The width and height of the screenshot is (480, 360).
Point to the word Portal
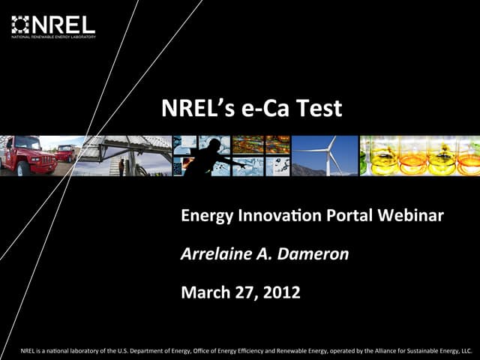[x=352, y=217]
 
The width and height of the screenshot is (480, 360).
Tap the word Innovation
[x=280, y=217]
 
